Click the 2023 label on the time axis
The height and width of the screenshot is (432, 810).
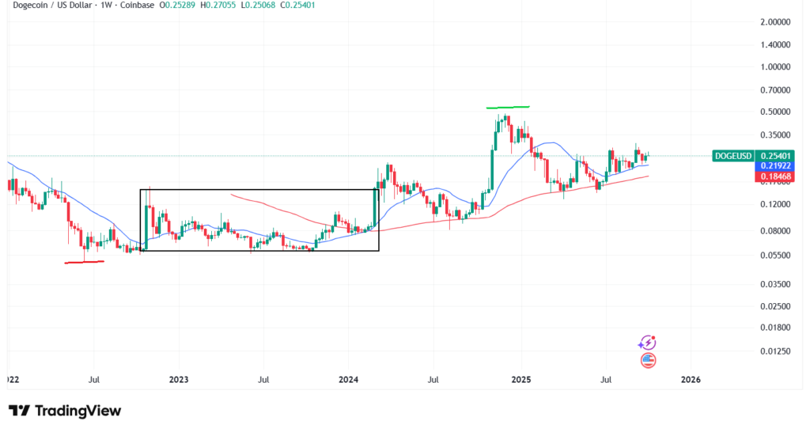tap(179, 380)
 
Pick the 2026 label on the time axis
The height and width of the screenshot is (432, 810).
tap(691, 380)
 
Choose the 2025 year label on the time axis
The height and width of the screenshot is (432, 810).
tap(520, 380)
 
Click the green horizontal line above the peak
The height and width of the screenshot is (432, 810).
tap(508, 107)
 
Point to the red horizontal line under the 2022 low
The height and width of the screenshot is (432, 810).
tap(84, 262)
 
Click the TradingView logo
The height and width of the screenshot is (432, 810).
tap(65, 411)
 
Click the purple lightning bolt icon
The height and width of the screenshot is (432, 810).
tap(647, 343)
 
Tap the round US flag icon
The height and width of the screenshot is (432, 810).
tap(647, 360)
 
